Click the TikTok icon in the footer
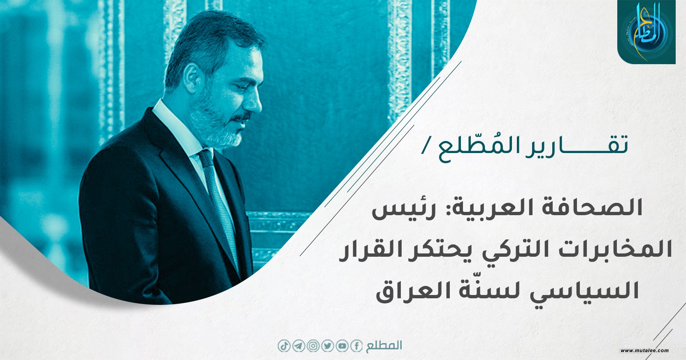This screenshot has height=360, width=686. (x=284, y=346)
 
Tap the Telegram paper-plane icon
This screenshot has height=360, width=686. (x=298, y=346)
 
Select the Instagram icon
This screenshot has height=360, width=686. (x=313, y=346)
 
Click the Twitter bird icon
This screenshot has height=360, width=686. (x=328, y=346)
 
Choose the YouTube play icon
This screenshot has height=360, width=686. (x=342, y=346)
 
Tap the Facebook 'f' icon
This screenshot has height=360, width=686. (x=356, y=346)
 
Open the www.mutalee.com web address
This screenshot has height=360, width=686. (x=645, y=351)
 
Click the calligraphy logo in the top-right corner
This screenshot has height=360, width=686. (x=646, y=32)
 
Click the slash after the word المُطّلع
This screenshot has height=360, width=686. (x=424, y=149)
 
